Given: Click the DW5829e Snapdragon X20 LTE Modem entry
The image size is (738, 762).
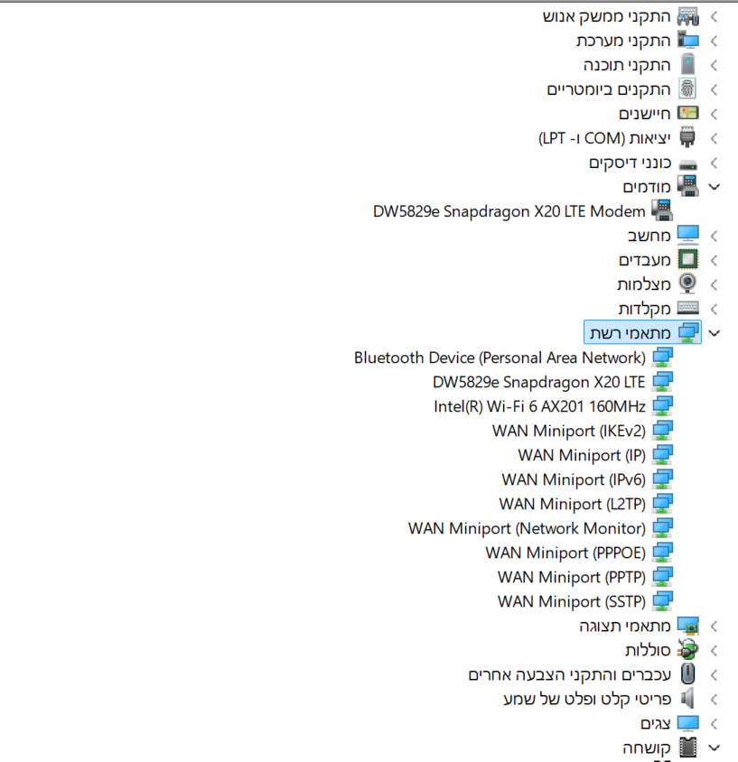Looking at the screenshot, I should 509,212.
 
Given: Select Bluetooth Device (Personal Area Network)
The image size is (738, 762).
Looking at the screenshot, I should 500,358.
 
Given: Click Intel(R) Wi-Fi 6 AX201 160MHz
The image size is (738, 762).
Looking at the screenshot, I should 539,406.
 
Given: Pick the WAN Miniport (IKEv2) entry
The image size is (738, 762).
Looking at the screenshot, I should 568,431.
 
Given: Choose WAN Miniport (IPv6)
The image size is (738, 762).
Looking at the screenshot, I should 574,479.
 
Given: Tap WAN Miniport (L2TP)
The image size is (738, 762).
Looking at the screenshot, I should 572,504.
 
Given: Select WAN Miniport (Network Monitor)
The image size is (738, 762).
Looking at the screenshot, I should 527,528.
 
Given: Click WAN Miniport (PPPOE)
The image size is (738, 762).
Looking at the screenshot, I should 565,553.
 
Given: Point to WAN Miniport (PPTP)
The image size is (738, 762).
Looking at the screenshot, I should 571,577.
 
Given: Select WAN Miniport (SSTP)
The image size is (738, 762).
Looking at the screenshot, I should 571,601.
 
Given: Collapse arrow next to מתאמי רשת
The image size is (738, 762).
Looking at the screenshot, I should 715,333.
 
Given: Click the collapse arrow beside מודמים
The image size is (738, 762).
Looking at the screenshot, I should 715,187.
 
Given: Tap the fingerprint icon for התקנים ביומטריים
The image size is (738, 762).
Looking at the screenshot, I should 688,89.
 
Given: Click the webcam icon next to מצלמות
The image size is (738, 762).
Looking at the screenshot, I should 688,284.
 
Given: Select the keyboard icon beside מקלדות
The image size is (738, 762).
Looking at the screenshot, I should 688,309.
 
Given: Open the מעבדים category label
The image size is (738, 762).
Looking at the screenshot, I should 645,260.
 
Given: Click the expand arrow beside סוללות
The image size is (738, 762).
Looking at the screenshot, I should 714,650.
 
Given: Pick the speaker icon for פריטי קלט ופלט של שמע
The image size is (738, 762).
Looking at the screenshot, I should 688,699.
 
